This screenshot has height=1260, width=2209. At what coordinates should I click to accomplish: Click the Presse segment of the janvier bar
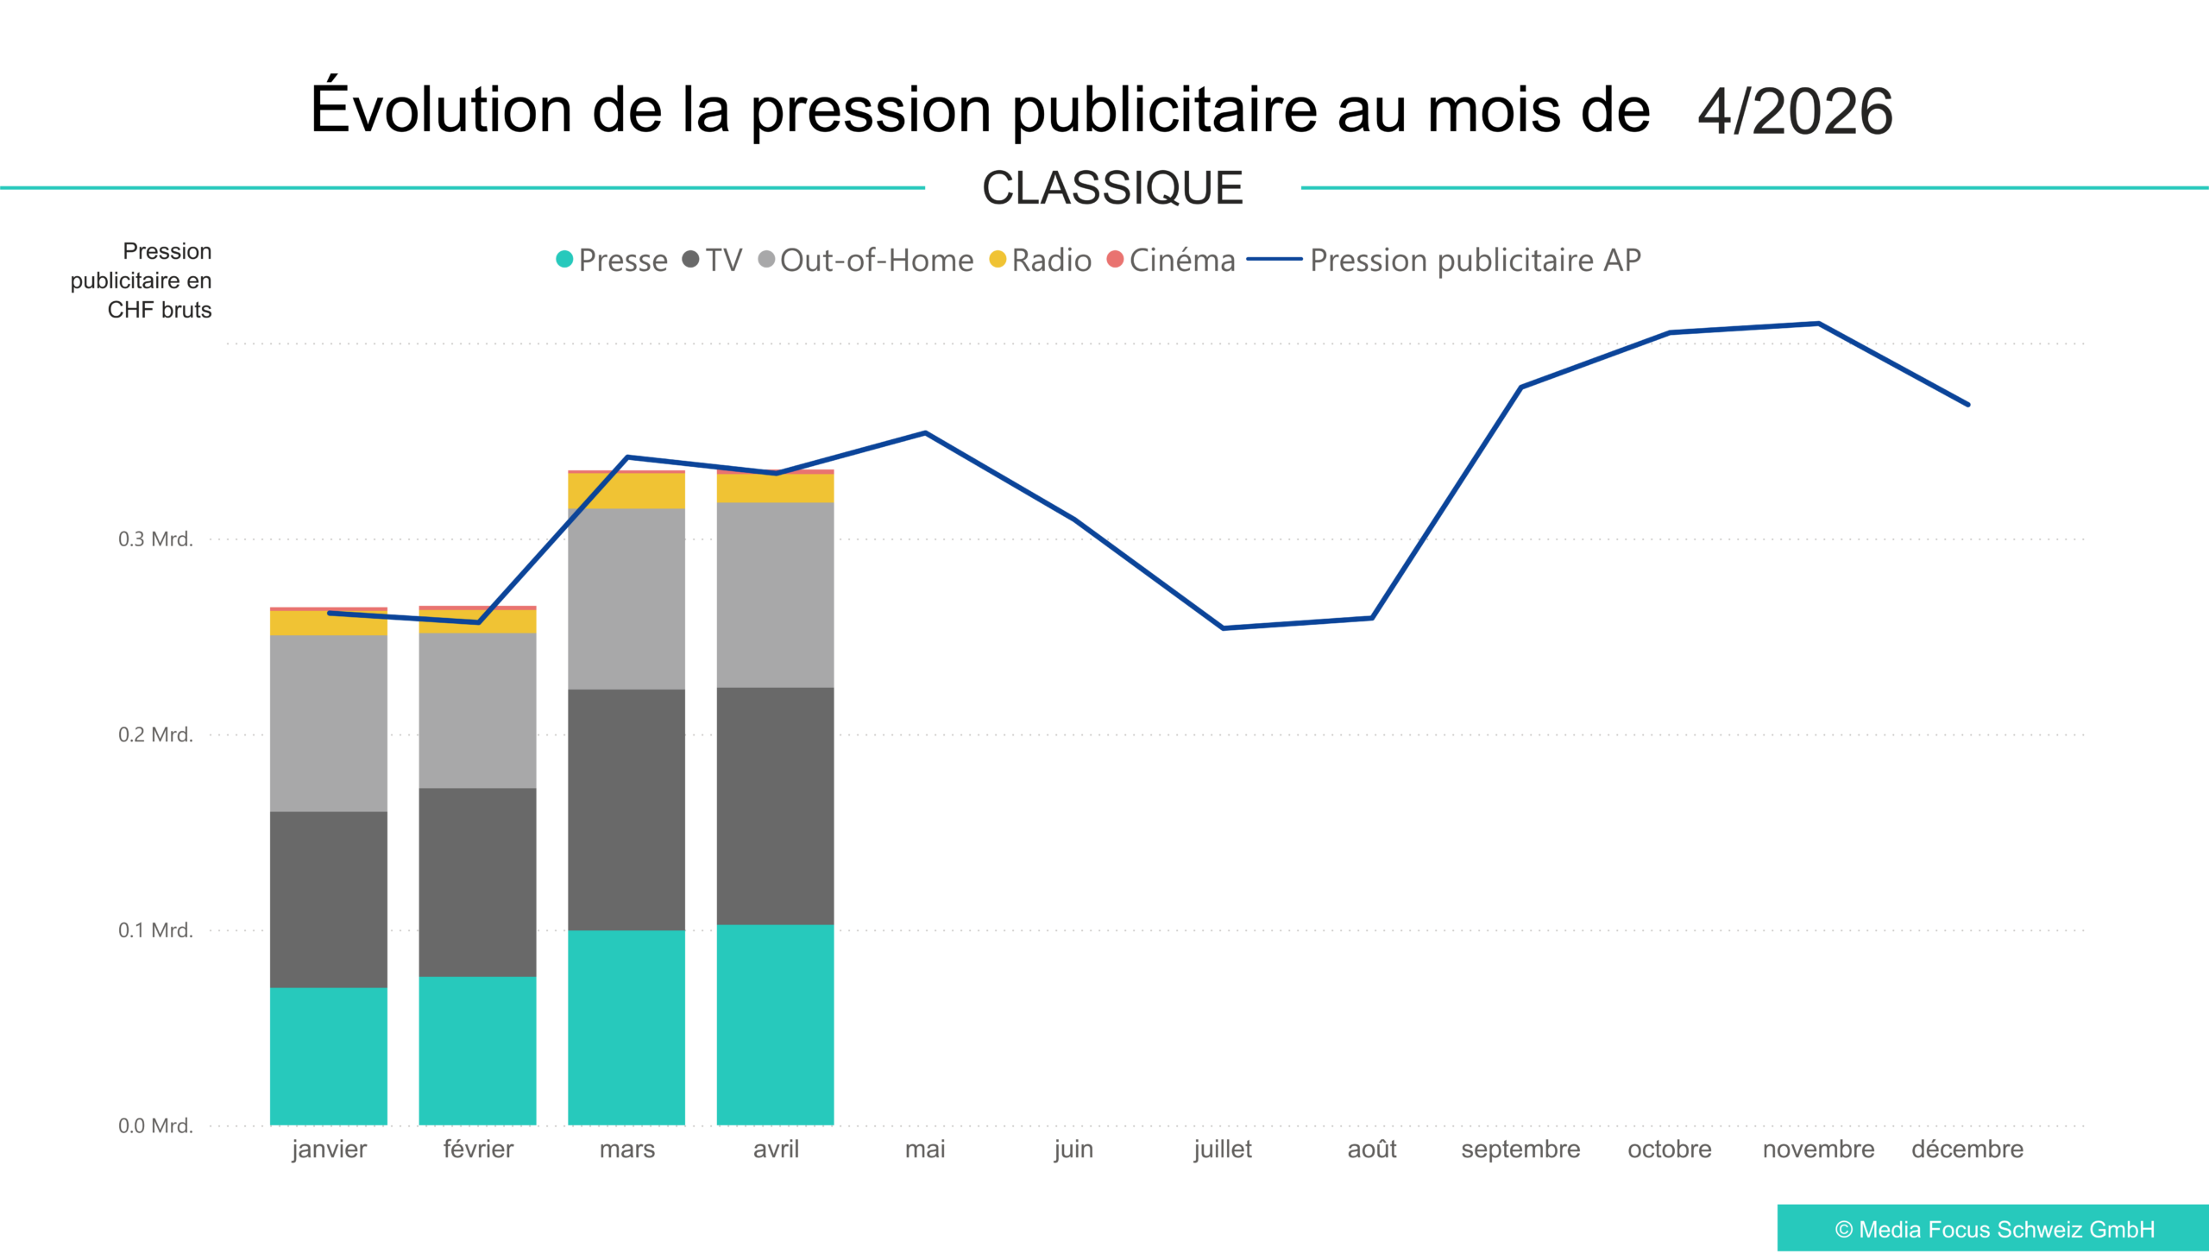click(x=328, y=1055)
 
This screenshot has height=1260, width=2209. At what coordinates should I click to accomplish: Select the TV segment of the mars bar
click(x=626, y=810)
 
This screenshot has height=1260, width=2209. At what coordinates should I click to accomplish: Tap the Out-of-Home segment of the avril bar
click(x=775, y=595)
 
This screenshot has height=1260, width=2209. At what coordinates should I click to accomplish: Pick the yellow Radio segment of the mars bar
click(x=626, y=491)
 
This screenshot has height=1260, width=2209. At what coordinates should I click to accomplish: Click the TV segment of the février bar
click(x=478, y=882)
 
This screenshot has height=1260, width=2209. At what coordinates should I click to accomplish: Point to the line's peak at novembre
click(x=1819, y=324)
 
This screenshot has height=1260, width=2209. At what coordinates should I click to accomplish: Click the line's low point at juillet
click(x=1223, y=627)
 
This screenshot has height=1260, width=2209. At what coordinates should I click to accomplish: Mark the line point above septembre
click(x=1520, y=387)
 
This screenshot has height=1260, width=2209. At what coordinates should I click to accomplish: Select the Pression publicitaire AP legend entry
click(x=1444, y=260)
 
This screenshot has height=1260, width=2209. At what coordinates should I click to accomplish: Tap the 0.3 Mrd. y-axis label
click(x=155, y=539)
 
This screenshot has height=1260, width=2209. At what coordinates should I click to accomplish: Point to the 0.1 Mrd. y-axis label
click(x=155, y=929)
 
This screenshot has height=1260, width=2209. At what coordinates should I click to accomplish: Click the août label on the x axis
click(x=1371, y=1149)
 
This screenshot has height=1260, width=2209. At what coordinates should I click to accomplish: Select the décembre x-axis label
click(x=1967, y=1149)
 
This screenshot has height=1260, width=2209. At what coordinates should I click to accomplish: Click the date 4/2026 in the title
click(x=1796, y=110)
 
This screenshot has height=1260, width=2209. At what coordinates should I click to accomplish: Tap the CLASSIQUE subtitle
click(x=1113, y=188)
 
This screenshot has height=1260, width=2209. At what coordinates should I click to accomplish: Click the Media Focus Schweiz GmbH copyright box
click(x=1993, y=1228)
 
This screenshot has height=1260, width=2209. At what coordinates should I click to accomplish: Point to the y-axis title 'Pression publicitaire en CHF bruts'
click(x=141, y=280)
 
